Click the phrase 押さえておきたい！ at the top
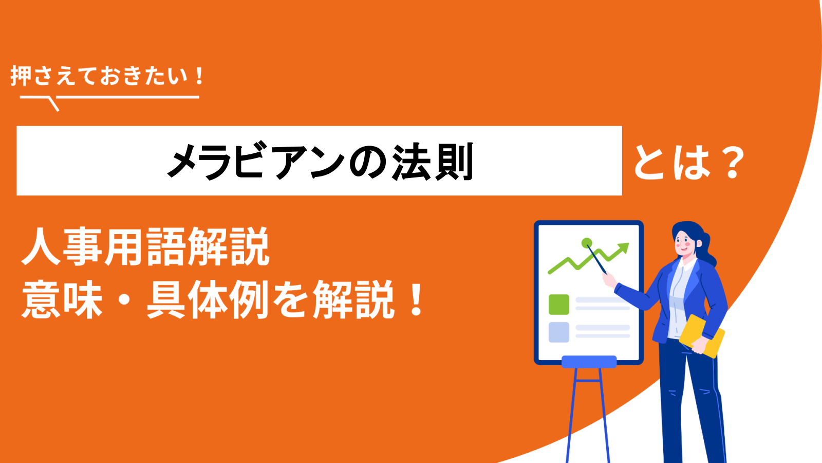[107, 76]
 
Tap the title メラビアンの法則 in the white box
[321, 162]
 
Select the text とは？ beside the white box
[689, 162]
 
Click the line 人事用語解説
[146, 246]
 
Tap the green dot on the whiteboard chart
[587, 243]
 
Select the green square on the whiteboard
[559, 305]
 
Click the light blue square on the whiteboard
[559, 332]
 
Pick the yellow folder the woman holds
[702, 336]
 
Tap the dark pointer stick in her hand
[596, 259]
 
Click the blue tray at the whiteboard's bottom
[589, 362]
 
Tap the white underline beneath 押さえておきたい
[109, 98]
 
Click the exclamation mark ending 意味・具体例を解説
[417, 300]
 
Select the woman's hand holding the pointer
[609, 280]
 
